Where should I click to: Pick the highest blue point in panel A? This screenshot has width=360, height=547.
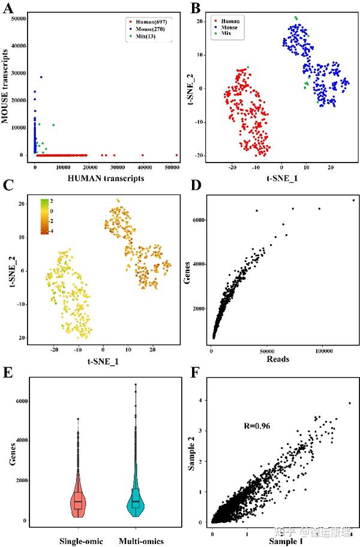point(41,77)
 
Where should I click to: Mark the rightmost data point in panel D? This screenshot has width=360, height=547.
point(353,200)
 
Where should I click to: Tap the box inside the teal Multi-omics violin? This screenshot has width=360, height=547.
point(136,501)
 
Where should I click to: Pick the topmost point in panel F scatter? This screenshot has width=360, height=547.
point(349,403)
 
